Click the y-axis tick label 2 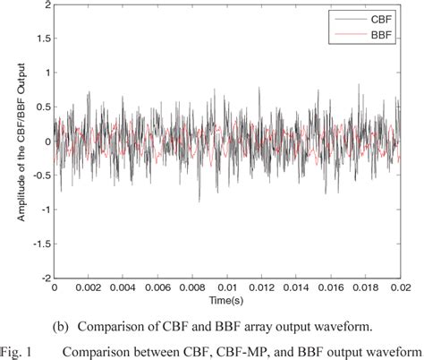tap(44, 5)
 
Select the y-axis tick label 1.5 tap(40, 39)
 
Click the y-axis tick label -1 tap(42, 210)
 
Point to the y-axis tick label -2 tap(42, 278)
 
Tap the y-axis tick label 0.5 tap(40, 107)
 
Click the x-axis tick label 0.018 tap(375, 289)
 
